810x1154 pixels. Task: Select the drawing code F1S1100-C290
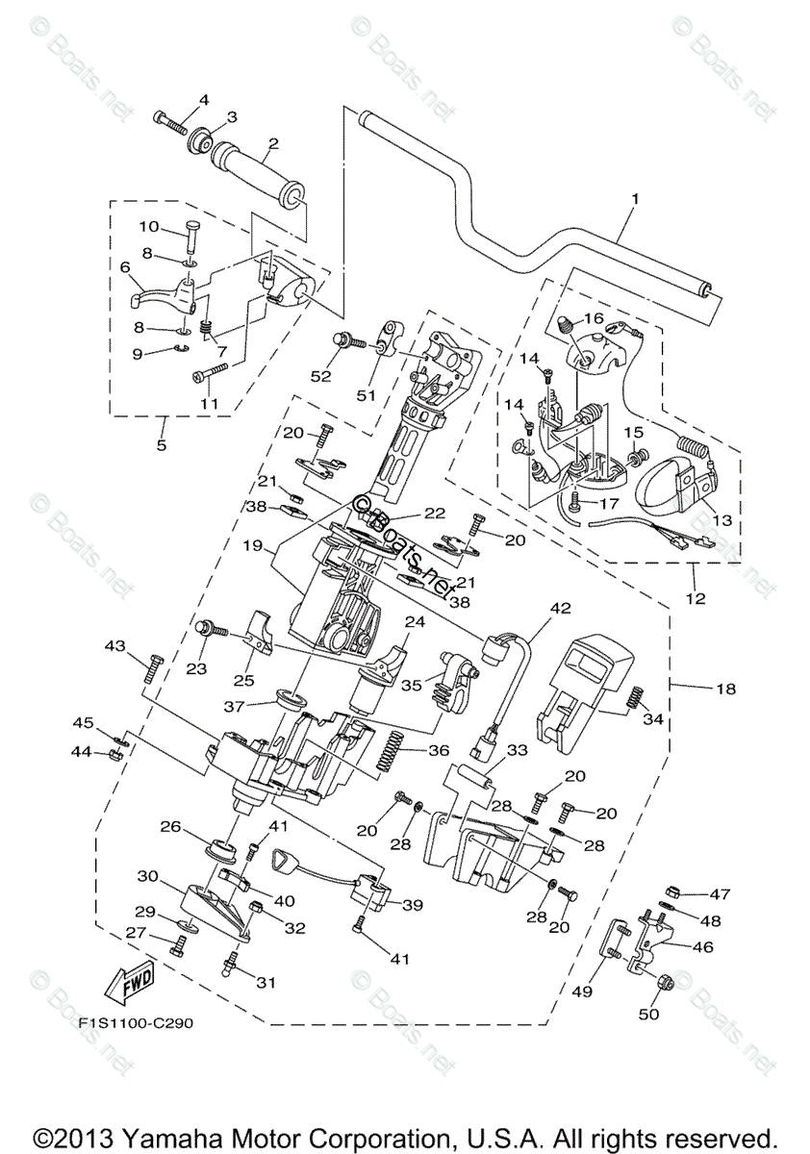(137, 1022)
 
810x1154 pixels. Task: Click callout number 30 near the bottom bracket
(147, 876)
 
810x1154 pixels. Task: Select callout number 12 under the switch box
(696, 598)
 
